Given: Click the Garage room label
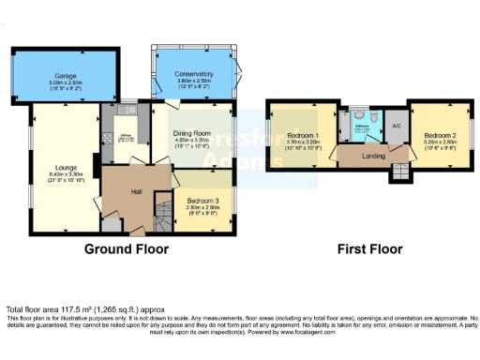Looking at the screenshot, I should [64, 75].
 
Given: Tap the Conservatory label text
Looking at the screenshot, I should [194, 74].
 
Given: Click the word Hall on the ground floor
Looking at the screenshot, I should [136, 191].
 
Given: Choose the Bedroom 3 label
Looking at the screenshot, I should [202, 201].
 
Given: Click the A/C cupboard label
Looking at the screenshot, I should [397, 126].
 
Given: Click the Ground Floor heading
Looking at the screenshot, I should [127, 249].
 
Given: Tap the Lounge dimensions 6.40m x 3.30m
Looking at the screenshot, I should [66, 174].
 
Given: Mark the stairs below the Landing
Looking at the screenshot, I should [400, 171].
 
